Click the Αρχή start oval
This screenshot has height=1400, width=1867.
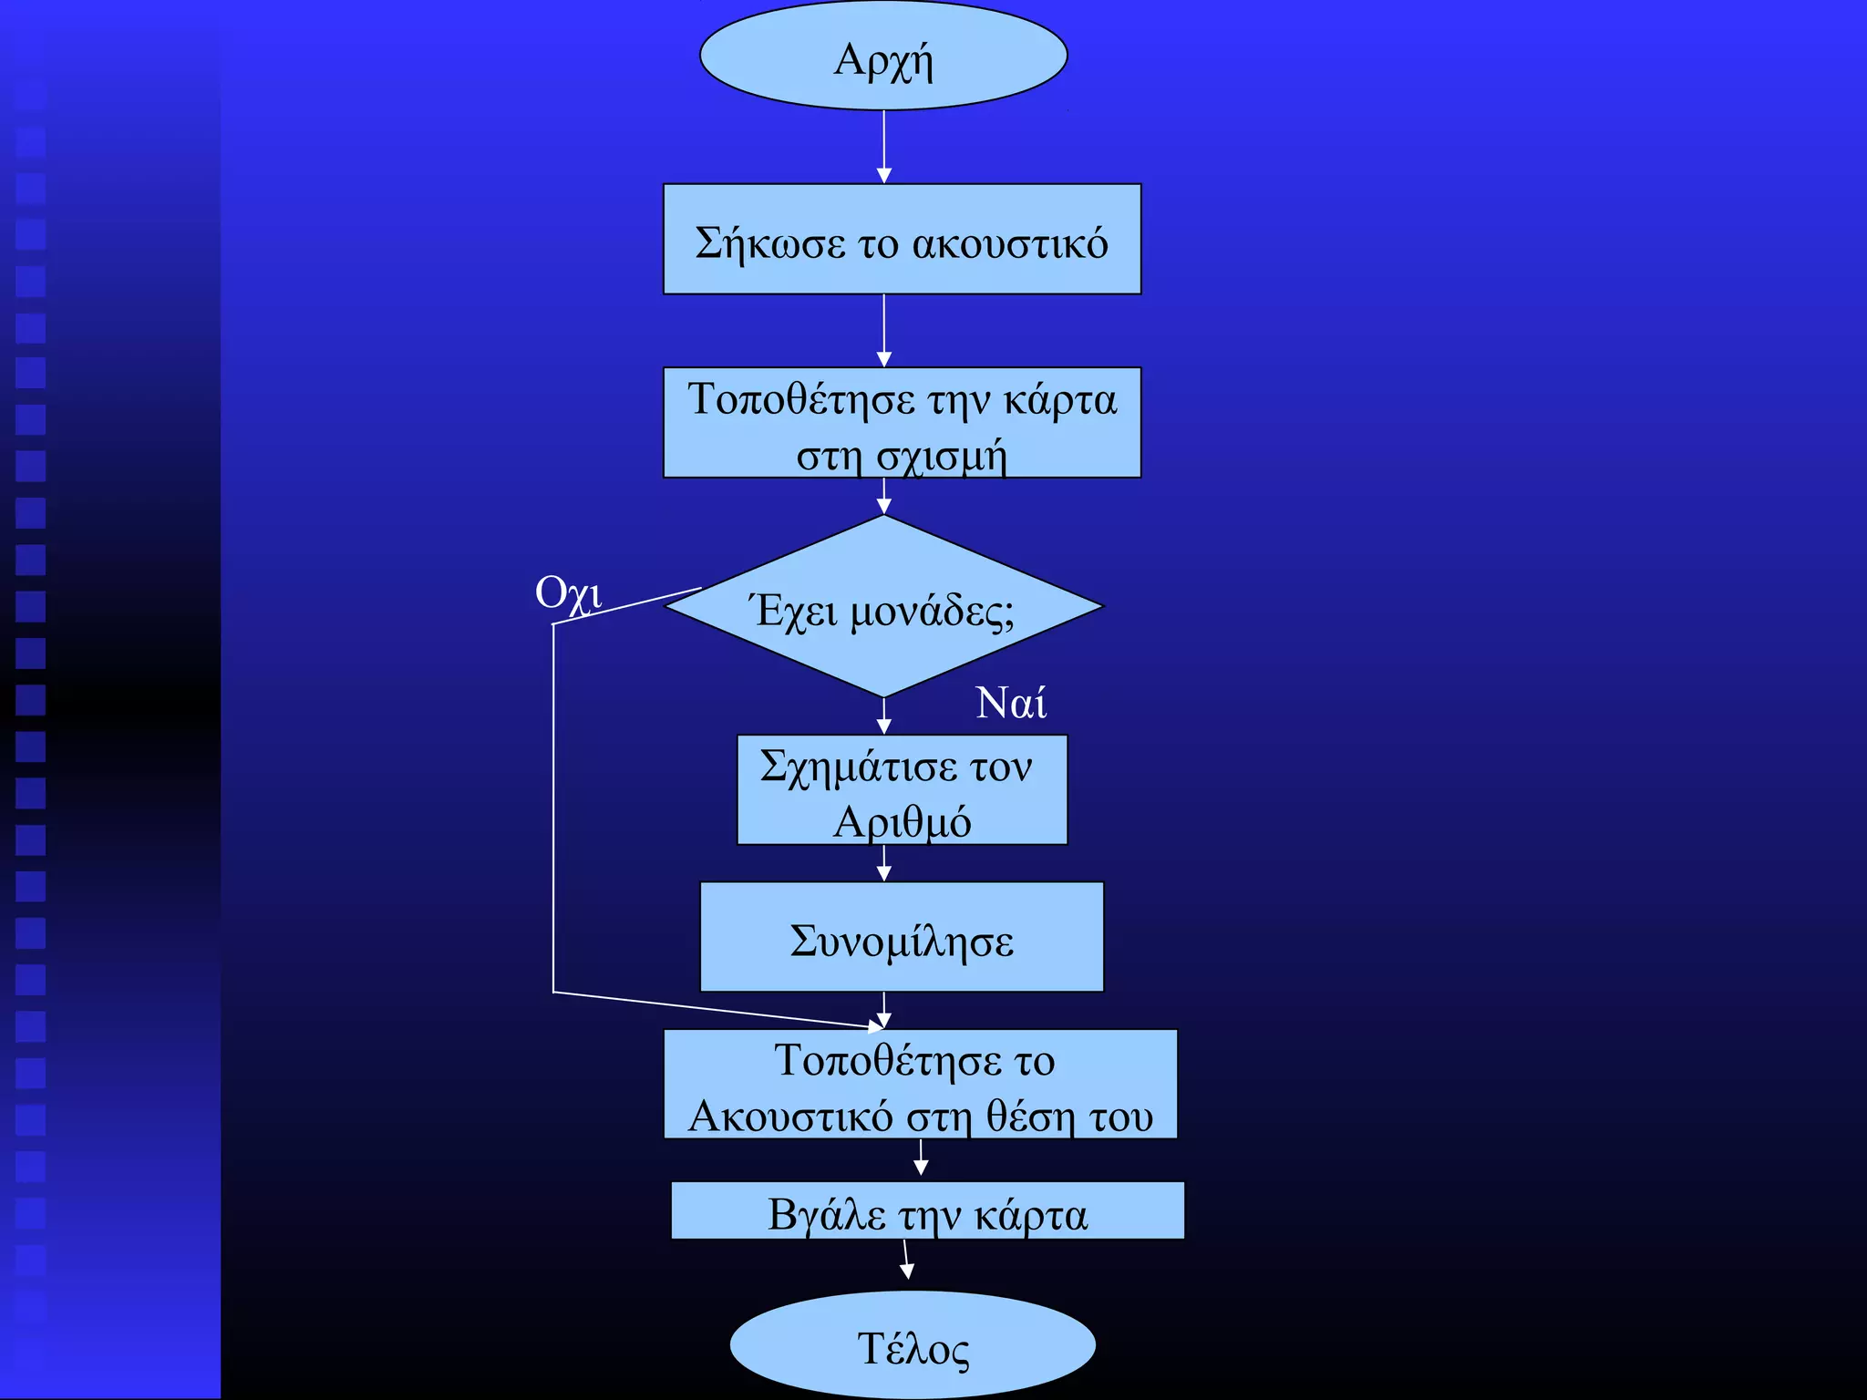tap(883, 57)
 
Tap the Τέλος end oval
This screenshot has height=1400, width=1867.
tap(913, 1345)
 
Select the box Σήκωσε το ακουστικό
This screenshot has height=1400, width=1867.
tap(902, 239)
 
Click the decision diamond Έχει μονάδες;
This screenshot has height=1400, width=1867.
tap(883, 606)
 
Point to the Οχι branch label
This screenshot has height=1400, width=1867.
tap(568, 594)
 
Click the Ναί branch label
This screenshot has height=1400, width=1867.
tap(1010, 703)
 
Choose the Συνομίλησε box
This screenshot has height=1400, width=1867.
tap(902, 937)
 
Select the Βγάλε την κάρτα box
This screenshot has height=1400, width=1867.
tap(927, 1211)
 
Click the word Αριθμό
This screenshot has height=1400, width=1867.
tap(902, 821)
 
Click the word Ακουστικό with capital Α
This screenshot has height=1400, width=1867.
tap(790, 1116)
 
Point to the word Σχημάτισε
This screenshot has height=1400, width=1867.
tap(858, 767)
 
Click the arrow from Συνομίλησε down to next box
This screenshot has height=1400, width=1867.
tap(883, 1010)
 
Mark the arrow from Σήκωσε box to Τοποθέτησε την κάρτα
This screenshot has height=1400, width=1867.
tap(883, 330)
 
